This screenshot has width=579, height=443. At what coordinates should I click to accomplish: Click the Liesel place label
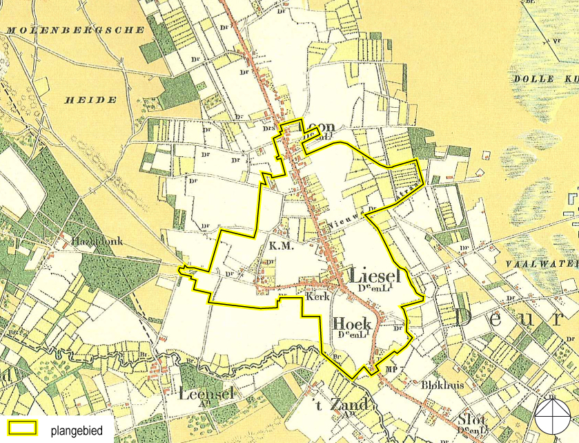[x=375, y=275]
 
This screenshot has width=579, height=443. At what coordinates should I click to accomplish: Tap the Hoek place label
[x=352, y=323]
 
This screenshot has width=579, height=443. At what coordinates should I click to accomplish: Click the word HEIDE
[x=90, y=100]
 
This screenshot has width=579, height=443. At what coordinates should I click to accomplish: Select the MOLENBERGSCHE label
[x=76, y=30]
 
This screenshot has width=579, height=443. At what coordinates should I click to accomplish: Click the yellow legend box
[x=21, y=428]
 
